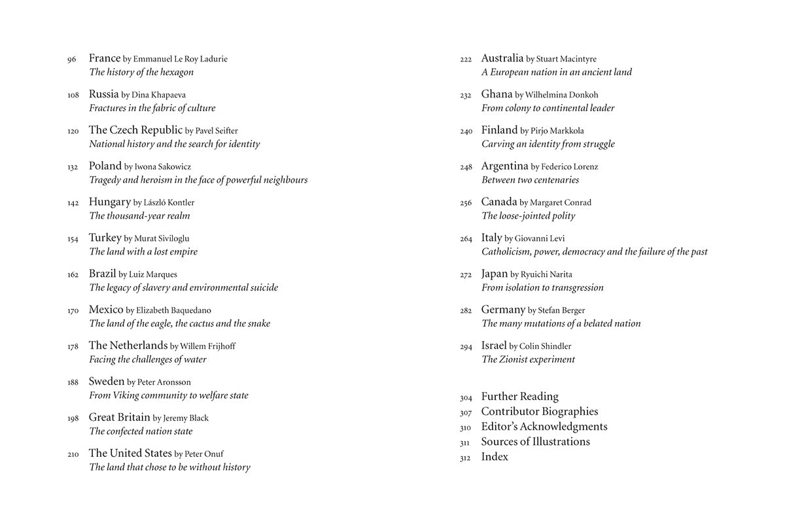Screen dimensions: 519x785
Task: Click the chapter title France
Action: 105,58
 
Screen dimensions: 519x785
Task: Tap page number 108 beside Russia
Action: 73,95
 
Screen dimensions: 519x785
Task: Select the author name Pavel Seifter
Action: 217,131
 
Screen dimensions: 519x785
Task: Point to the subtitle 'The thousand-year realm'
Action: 139,215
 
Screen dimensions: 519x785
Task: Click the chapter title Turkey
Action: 105,238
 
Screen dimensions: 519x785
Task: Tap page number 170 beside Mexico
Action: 73,311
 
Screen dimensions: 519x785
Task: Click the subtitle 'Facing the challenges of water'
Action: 148,359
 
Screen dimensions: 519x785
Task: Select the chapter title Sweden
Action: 107,382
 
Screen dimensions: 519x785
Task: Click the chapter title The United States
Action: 130,453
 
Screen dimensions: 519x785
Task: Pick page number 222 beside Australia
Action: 466,60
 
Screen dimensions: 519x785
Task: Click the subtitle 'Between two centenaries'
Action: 530,179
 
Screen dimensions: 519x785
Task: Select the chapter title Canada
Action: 499,202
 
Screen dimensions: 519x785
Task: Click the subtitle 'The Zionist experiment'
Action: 528,359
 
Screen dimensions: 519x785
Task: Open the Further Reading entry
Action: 519,396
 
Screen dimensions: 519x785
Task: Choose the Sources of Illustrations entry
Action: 535,441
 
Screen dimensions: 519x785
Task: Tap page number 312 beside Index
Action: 465,458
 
